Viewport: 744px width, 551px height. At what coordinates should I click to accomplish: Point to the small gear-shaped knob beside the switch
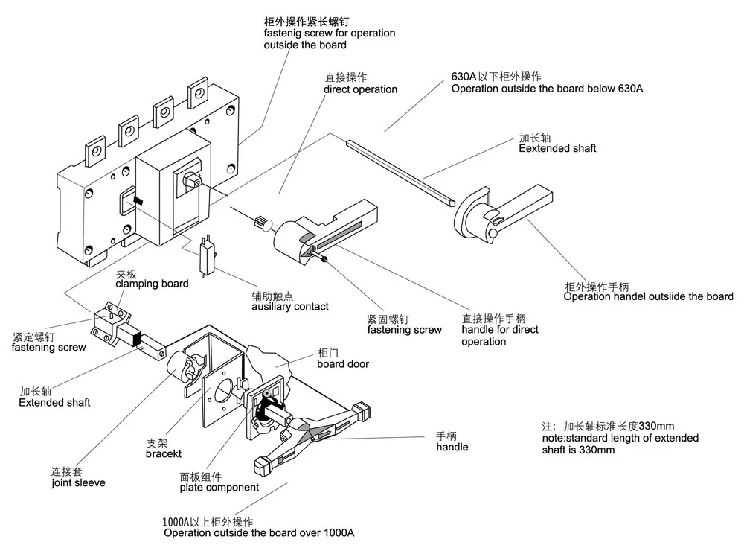[x=260, y=221]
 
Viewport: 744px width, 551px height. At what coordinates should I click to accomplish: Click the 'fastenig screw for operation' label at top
[x=330, y=33]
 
